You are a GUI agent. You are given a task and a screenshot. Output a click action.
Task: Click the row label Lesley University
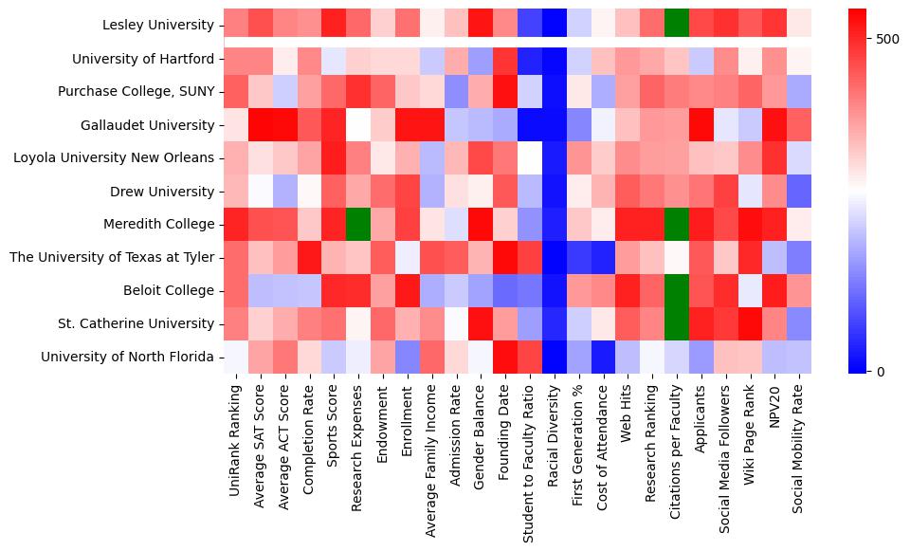click(159, 26)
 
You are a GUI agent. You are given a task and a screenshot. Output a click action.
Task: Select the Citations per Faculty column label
click(679, 445)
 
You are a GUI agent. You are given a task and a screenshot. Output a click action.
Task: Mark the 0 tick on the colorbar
click(867, 371)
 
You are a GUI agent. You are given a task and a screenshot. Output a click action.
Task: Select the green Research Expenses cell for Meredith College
click(357, 225)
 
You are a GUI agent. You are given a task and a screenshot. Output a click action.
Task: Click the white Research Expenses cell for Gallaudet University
click(357, 125)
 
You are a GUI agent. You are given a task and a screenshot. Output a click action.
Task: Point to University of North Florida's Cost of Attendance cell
click(604, 357)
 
